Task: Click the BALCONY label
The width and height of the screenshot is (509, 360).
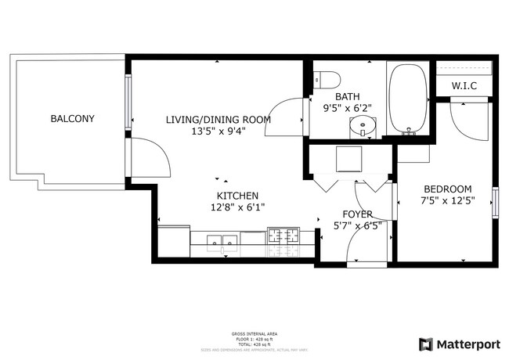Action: click(72, 119)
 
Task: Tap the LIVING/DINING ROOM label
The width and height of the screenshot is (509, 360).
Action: click(218, 120)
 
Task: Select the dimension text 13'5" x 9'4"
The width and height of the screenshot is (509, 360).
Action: click(218, 131)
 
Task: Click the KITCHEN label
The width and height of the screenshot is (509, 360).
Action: click(237, 196)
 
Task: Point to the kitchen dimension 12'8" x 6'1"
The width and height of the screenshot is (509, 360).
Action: click(237, 208)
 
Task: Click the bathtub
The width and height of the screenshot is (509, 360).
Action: click(407, 98)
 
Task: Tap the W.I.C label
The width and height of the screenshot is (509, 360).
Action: click(464, 86)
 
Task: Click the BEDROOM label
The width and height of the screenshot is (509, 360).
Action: click(447, 189)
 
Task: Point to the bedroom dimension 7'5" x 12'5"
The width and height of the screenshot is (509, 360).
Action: click(447, 201)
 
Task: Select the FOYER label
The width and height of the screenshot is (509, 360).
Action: click(358, 214)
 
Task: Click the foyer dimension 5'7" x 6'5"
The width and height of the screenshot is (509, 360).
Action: click(358, 227)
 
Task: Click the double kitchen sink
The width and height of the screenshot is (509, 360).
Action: click(222, 239)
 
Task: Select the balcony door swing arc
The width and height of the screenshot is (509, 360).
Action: click(153, 157)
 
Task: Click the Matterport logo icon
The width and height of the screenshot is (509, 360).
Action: click(425, 344)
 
